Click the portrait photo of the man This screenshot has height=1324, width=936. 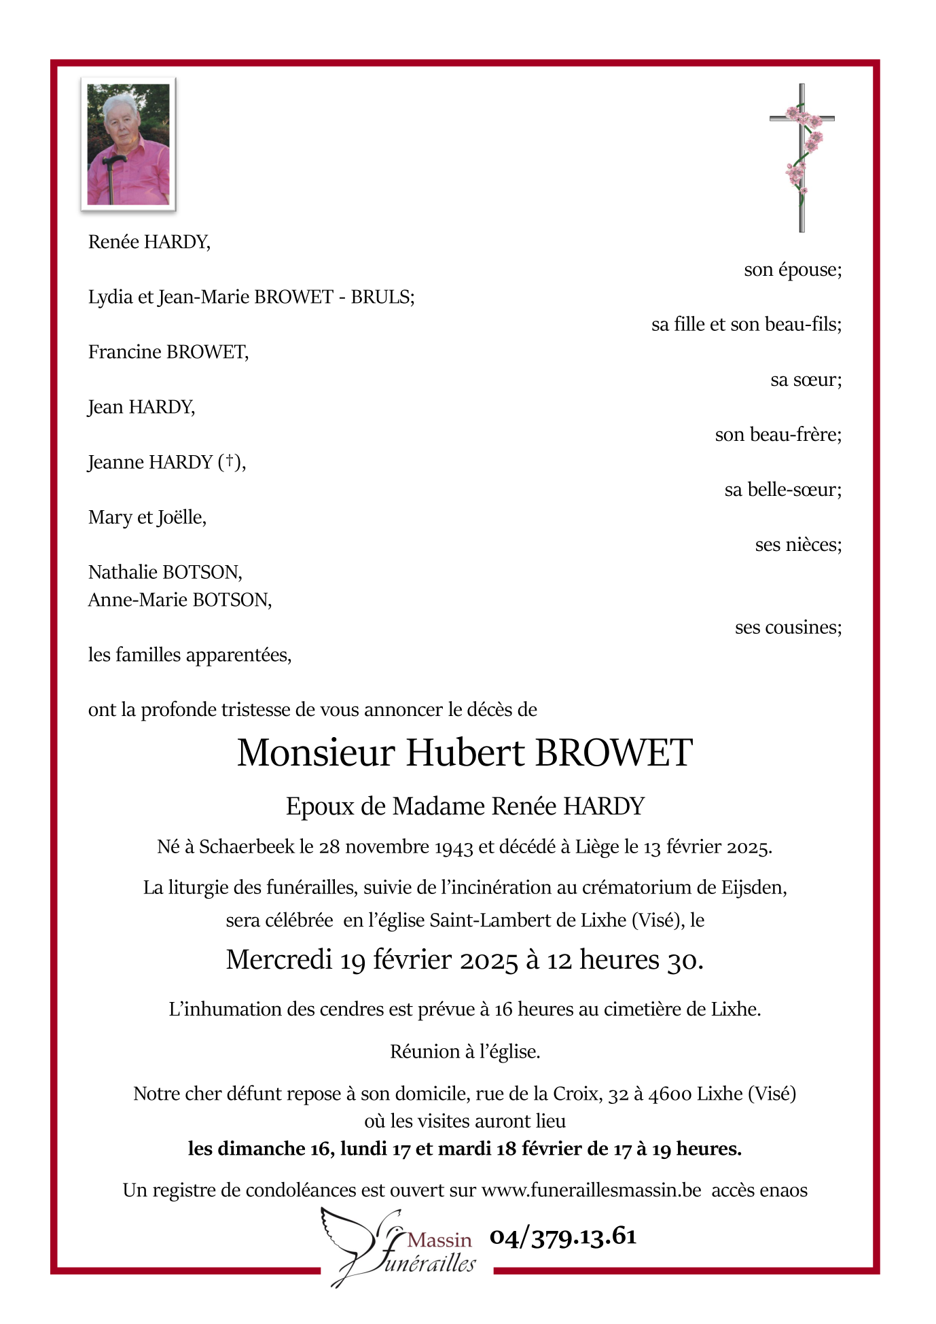click(x=128, y=144)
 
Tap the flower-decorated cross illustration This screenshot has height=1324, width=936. click(x=802, y=158)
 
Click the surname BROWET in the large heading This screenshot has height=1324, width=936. click(x=613, y=753)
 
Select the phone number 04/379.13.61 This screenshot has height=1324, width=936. click(x=563, y=1236)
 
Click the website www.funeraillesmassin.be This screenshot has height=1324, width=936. click(x=591, y=1190)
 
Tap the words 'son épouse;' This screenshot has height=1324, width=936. click(x=793, y=270)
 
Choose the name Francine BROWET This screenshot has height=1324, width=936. click(x=168, y=352)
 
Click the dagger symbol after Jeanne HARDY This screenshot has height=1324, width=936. click(x=230, y=461)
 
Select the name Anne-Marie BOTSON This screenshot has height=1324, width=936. click(x=179, y=600)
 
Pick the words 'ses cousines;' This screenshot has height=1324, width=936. click(x=788, y=627)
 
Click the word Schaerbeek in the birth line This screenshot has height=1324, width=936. click(x=247, y=846)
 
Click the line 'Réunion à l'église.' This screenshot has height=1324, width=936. click(x=465, y=1052)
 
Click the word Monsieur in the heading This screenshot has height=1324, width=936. click(x=316, y=753)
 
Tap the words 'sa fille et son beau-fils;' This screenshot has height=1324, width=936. click(x=746, y=325)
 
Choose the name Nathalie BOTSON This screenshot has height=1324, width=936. click(x=164, y=572)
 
